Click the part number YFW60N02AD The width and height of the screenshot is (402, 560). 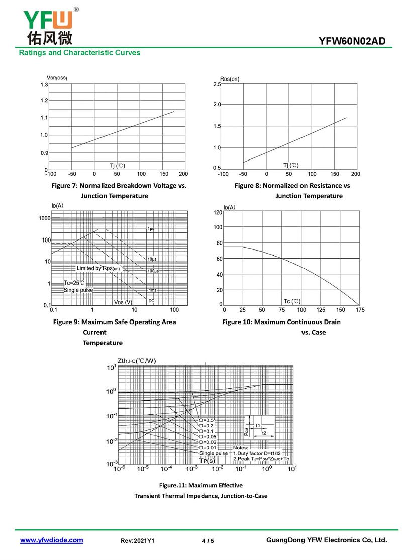(352, 41)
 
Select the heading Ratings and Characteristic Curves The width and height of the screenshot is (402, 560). (79, 53)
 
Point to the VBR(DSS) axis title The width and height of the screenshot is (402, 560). (57, 77)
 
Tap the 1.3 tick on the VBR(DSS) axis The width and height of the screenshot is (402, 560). (44, 85)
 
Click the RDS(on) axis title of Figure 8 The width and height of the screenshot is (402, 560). (230, 79)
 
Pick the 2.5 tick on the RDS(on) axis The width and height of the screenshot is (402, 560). (217, 85)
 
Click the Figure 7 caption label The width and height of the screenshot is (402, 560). (119, 186)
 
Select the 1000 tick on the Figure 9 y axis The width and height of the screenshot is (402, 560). (44, 218)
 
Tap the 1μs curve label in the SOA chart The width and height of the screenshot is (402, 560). (151, 229)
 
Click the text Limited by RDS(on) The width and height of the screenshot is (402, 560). (98, 268)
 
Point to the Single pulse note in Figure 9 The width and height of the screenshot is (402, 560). (78, 290)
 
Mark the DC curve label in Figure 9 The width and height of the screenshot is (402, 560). (151, 301)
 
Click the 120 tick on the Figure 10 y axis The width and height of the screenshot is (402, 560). (218, 213)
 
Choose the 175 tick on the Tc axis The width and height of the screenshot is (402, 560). (359, 310)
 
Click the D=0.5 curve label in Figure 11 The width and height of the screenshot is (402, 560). (206, 420)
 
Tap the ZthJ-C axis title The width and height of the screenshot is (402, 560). (136, 361)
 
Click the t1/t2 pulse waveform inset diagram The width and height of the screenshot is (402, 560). (260, 427)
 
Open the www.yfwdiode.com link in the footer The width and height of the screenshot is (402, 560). (51, 540)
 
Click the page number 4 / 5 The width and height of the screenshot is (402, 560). (208, 541)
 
